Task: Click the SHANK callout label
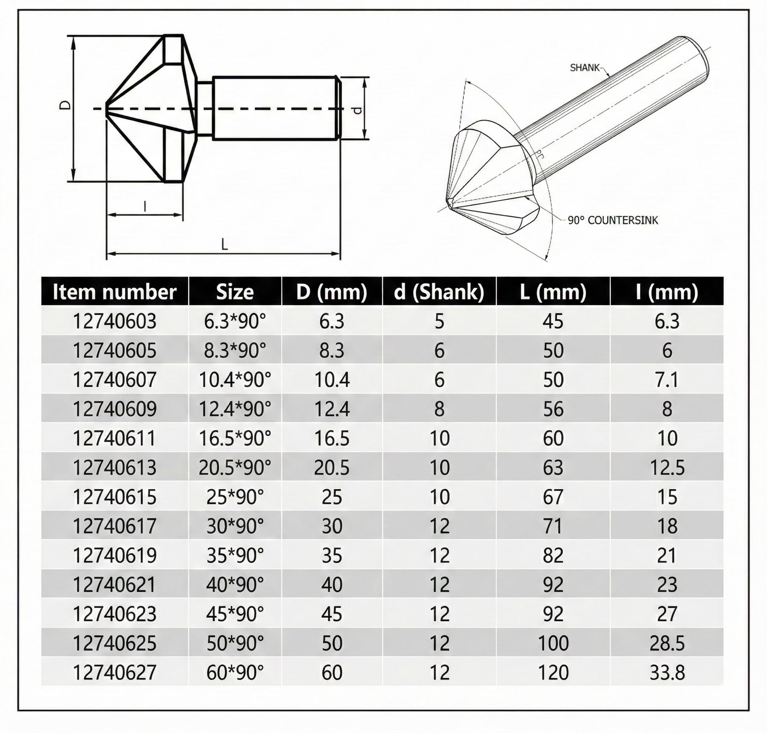[x=584, y=68]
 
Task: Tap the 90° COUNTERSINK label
[x=613, y=220]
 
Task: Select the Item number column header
[x=114, y=292]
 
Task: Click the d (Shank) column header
[x=439, y=292]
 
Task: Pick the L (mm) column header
[x=553, y=292]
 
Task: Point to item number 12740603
[x=114, y=321]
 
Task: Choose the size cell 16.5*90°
[x=235, y=438]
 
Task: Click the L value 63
[x=553, y=467]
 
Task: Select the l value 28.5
[x=667, y=643]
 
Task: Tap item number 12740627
[x=114, y=672]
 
